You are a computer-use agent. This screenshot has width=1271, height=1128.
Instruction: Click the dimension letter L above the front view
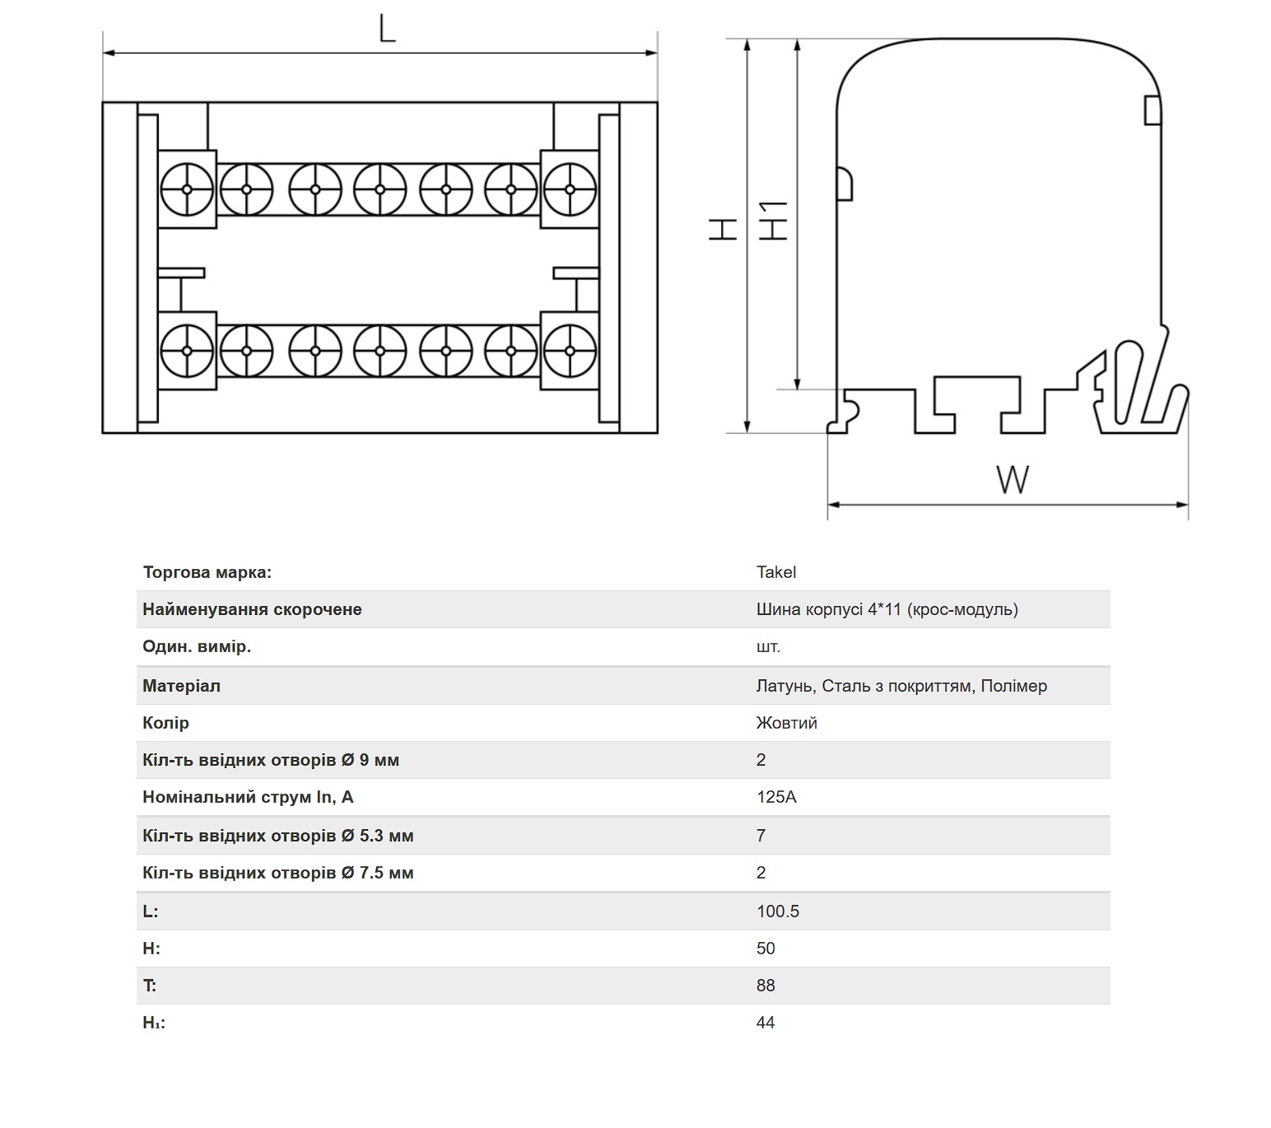387,28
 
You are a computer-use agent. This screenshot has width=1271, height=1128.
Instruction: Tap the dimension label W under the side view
1013,480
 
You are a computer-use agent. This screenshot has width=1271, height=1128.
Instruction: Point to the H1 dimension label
773,220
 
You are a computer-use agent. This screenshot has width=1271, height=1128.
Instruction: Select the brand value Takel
776,572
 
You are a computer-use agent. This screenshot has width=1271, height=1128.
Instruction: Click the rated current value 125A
776,797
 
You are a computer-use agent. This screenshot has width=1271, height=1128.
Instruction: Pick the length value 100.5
778,911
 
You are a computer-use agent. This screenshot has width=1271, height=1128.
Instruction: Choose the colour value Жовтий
787,723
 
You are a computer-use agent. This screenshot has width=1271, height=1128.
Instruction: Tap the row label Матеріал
181,686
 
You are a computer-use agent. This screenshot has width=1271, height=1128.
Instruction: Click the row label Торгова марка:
207,572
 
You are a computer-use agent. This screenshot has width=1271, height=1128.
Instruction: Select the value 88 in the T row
766,985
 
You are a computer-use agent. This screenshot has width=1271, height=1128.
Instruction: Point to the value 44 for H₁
766,1023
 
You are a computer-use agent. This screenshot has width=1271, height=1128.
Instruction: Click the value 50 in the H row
766,948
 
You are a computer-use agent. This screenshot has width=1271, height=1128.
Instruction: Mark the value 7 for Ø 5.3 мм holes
761,836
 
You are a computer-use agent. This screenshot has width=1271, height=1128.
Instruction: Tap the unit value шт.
768,646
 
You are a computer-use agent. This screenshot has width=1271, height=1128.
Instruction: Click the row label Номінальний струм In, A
248,797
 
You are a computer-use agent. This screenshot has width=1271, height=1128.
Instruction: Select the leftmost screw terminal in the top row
187,189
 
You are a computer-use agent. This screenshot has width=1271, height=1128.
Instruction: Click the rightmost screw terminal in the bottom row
570,351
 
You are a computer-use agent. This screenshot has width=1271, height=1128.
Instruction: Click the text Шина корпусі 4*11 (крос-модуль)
887,609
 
